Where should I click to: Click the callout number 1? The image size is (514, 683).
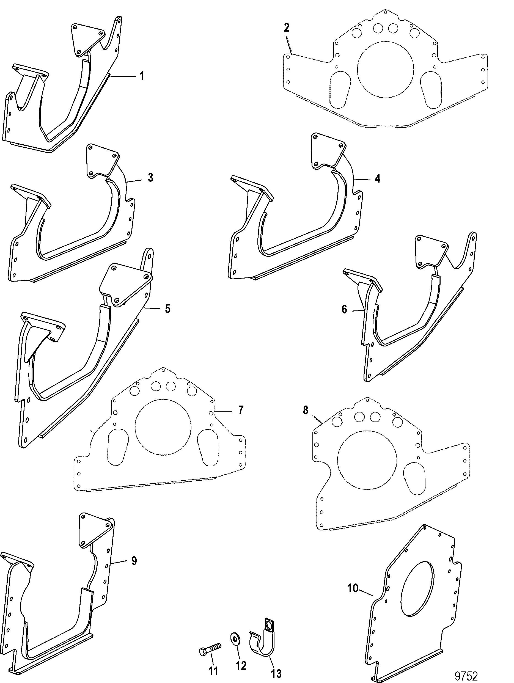pyautogui.click(x=142, y=76)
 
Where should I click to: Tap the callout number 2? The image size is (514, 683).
pyautogui.click(x=286, y=28)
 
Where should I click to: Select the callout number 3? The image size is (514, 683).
pyautogui.click(x=150, y=178)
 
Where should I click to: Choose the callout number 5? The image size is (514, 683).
pyautogui.click(x=167, y=309)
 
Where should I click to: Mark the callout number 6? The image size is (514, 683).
pyautogui.click(x=344, y=309)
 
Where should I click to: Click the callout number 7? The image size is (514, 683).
pyautogui.click(x=240, y=410)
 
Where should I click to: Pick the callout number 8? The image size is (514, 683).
pyautogui.click(x=306, y=411)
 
